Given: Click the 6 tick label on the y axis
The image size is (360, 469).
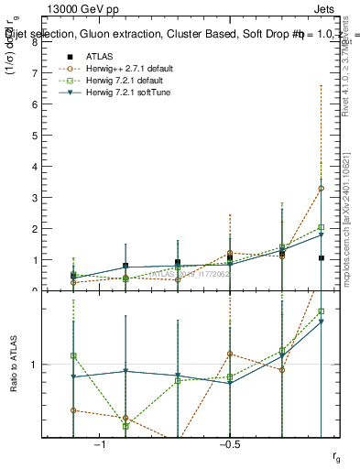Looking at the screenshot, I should tap(34, 104).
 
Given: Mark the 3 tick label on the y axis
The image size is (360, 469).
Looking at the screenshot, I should tap(34, 198).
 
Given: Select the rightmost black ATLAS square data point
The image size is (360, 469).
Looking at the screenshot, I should tap(322, 258).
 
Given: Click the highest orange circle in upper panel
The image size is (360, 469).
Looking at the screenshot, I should tap(322, 189).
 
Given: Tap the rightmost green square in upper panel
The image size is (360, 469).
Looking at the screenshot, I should tap(322, 227).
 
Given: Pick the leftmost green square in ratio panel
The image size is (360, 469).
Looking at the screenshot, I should tap(73, 355).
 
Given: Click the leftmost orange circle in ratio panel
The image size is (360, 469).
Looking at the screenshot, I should tap(73, 410).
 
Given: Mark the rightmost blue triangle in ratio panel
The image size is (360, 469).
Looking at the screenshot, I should tap(322, 322).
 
